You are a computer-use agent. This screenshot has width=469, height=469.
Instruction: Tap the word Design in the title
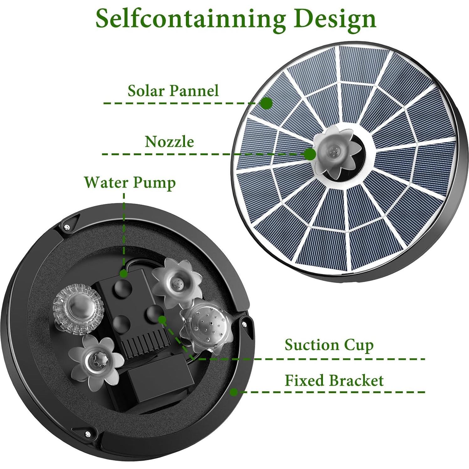pyautogui.click(x=335, y=19)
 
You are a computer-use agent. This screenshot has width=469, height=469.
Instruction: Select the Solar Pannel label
pyautogui.click(x=173, y=91)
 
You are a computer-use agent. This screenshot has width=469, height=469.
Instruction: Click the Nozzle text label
pyautogui.click(x=169, y=142)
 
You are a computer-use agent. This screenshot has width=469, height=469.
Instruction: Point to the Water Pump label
pyautogui.click(x=130, y=182)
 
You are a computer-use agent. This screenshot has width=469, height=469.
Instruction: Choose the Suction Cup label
pyautogui.click(x=329, y=345)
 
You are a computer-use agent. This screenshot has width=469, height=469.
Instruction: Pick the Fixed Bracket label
pyautogui.click(x=334, y=381)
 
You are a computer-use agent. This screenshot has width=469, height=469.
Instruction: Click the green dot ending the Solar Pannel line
pyautogui.click(x=266, y=103)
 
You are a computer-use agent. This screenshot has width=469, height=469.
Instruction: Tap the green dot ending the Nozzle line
pyautogui.click(x=310, y=154)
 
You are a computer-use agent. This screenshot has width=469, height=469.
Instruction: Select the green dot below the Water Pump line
pyautogui.click(x=124, y=274)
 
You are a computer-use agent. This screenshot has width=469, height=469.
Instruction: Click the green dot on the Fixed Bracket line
pyautogui.click(x=234, y=392)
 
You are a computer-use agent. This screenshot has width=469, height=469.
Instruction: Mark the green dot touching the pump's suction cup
pyautogui.click(x=162, y=319)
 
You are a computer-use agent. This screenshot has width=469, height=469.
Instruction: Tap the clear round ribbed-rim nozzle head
pyautogui.click(x=78, y=308)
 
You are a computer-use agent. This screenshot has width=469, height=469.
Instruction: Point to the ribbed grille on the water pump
pyautogui.click(x=147, y=345)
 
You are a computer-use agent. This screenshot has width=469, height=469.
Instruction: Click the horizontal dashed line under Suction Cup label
pyautogui.click(x=314, y=359)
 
